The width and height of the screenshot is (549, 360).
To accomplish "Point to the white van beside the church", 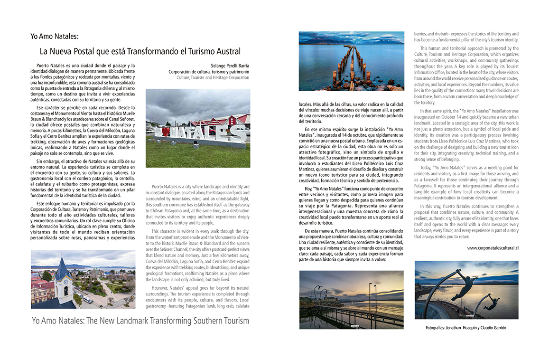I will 87,299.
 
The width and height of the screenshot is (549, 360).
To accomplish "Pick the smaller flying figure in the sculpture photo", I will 491,300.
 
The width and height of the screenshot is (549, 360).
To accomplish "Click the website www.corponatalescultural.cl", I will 493,247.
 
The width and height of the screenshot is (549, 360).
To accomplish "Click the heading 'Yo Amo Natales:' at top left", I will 54,36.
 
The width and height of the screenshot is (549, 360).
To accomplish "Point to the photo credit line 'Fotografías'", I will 439,328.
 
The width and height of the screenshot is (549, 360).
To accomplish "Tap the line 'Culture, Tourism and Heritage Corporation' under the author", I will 213,77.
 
